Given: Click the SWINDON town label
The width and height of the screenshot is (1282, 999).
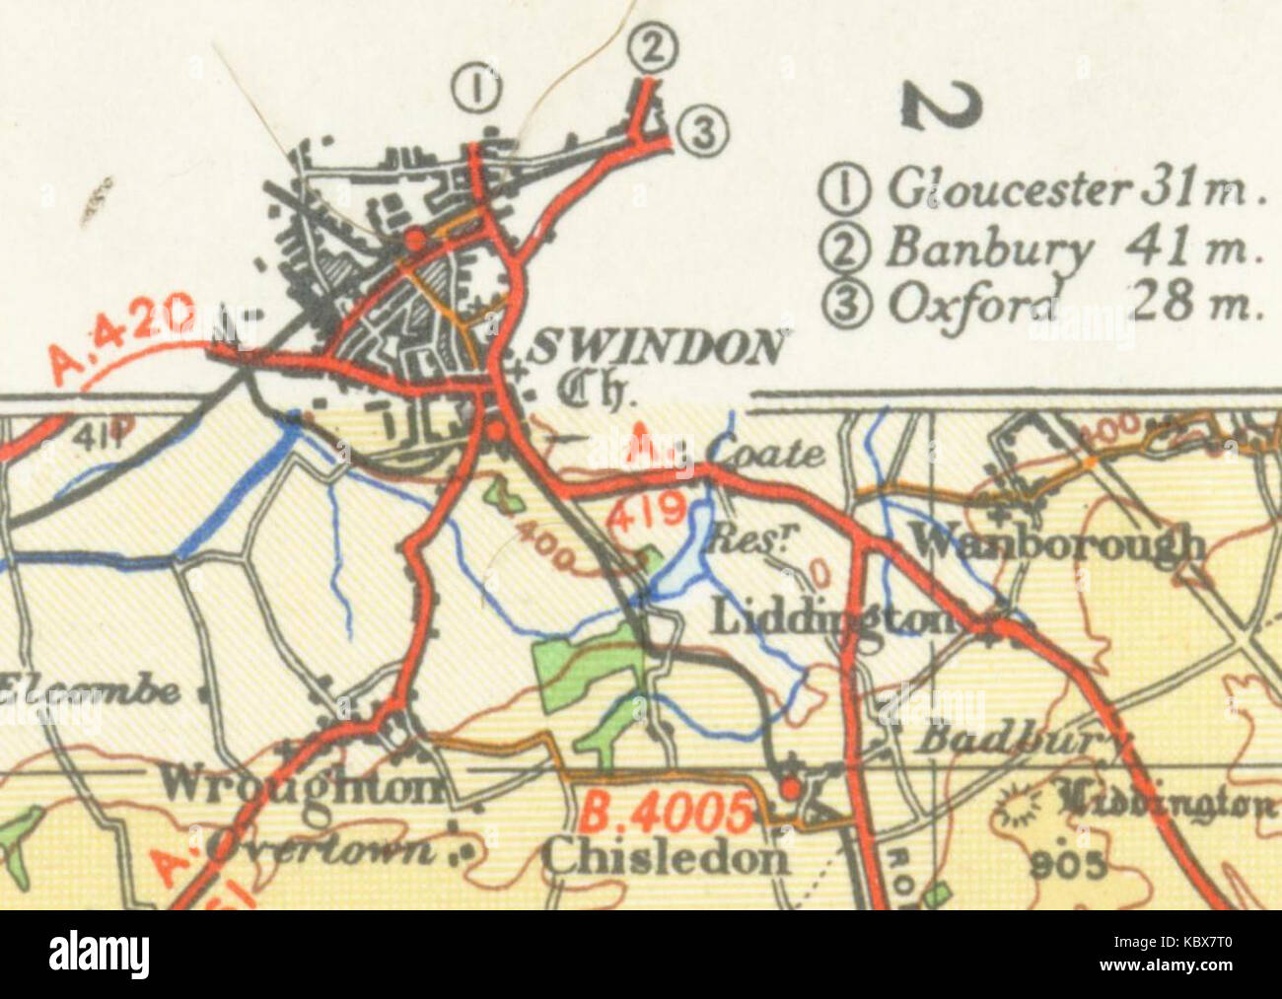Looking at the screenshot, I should tap(659, 348).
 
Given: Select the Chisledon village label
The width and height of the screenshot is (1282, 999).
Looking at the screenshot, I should tap(666, 856).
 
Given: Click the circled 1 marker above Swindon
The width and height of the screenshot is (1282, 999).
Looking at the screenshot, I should tap(475, 89).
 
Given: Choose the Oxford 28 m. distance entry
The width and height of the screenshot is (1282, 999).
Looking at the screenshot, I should tap(1045, 303).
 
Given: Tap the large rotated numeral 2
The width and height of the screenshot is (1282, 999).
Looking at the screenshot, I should tap(943, 104).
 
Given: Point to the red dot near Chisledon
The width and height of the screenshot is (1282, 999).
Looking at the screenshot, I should tap(790, 788).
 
